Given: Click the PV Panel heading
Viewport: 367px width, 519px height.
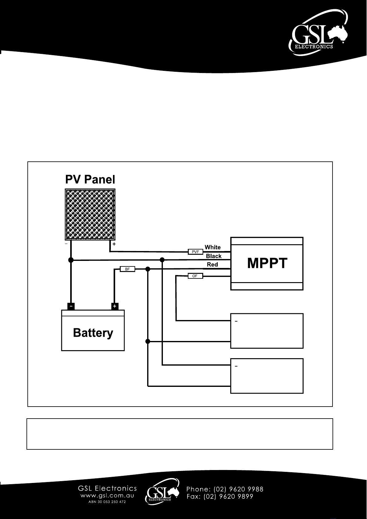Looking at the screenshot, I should (x=90, y=179).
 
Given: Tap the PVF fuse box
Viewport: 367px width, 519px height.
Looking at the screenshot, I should (x=196, y=252).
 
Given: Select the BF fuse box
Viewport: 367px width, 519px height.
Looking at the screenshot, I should (x=127, y=269).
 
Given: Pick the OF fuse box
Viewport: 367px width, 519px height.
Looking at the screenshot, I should (x=195, y=276).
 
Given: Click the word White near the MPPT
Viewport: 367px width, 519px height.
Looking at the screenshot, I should (x=213, y=247).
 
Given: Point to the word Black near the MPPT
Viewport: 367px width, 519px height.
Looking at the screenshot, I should (x=214, y=256).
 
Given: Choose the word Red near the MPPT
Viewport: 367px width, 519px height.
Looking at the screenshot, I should (x=212, y=265).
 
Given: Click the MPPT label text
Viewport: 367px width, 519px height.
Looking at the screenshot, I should (x=267, y=263).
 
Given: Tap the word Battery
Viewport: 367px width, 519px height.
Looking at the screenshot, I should (x=93, y=333).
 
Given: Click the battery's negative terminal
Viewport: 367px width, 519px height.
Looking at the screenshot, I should (x=71, y=306).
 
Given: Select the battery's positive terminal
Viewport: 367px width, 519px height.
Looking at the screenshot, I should (x=115, y=306).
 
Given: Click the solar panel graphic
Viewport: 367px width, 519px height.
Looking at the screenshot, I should (x=90, y=214).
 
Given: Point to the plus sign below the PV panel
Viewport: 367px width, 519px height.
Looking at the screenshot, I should (x=114, y=244).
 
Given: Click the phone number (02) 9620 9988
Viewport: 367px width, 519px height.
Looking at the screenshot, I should (x=239, y=489).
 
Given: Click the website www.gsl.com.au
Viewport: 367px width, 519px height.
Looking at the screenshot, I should (x=107, y=496).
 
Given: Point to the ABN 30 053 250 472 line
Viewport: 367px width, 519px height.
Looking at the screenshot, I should (x=107, y=502).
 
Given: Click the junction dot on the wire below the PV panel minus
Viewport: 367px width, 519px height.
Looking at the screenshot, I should (x=71, y=260).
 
